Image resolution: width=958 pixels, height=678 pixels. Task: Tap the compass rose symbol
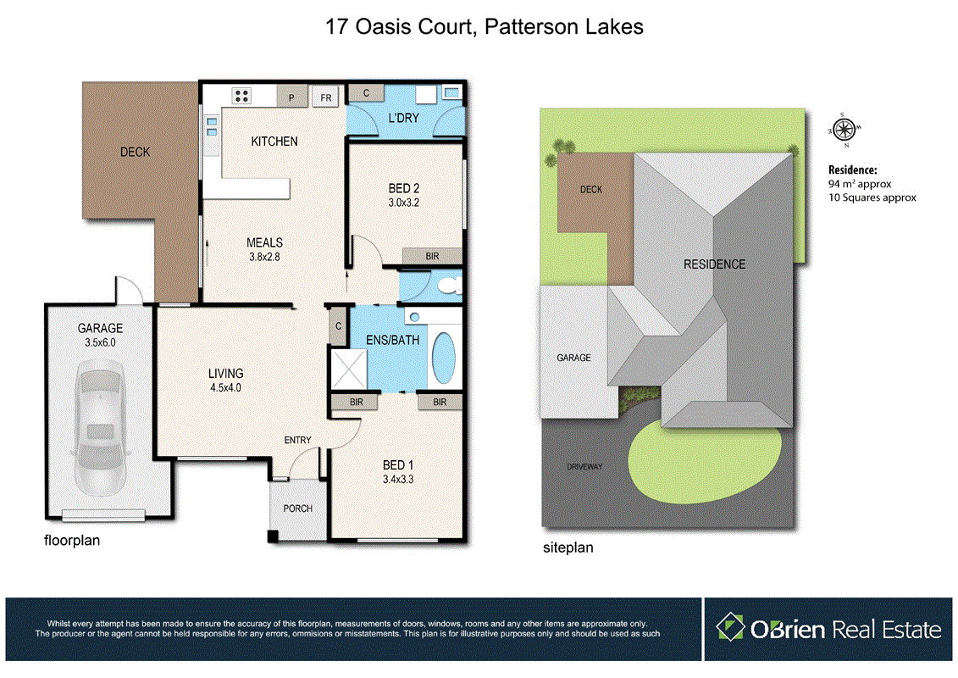[x=843, y=129]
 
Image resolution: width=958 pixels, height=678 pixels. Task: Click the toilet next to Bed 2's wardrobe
[x=451, y=286]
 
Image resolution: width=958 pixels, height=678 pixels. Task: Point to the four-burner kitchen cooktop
[x=241, y=96]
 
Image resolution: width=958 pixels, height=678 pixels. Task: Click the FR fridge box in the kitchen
[x=325, y=97]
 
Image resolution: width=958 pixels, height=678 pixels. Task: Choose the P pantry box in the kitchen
[x=291, y=97]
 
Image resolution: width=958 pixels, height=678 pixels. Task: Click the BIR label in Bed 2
[x=432, y=255]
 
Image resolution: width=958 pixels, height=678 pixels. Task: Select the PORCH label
[x=297, y=508]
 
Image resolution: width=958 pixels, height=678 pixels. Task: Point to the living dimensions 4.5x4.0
[x=226, y=387]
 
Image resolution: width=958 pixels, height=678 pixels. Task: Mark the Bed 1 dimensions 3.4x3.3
[x=397, y=479]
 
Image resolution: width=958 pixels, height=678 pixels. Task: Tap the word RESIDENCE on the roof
[x=714, y=264]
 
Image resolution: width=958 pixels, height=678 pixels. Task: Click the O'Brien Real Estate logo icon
[x=730, y=628]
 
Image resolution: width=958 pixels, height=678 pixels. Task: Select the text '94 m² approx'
[x=860, y=183]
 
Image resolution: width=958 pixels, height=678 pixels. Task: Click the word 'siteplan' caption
[x=568, y=547]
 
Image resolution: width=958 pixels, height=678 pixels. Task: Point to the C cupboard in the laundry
[x=366, y=92]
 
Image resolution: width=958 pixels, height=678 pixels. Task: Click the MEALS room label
[x=265, y=242]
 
